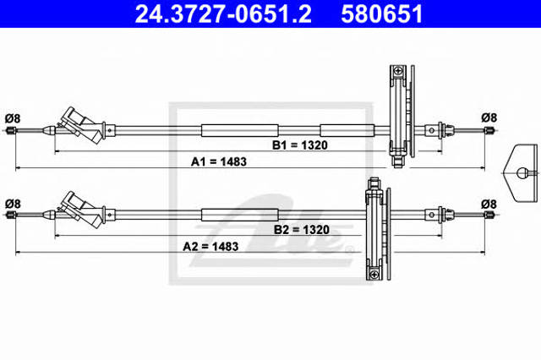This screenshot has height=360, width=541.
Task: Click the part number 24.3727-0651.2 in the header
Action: (x=223, y=14)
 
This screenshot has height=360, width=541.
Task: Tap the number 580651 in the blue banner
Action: (x=381, y=14)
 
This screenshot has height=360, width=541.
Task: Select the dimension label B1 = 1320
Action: (x=300, y=145)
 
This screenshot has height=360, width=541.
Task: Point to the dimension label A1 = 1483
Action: (x=219, y=161)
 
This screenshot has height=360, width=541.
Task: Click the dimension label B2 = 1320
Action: (x=302, y=230)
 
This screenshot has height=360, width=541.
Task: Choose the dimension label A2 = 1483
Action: (x=210, y=247)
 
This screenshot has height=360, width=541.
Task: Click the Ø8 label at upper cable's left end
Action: (x=13, y=118)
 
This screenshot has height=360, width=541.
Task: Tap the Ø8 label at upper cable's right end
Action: (x=489, y=118)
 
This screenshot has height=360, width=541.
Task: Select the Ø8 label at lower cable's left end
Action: (x=13, y=204)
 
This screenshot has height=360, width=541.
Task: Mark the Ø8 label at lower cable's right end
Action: (x=489, y=205)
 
